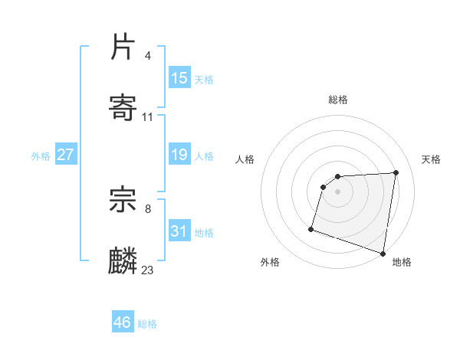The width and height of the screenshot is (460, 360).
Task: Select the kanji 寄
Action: coord(123,107)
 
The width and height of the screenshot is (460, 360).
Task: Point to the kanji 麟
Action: coord(123,260)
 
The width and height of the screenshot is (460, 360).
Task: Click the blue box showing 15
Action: coord(179,78)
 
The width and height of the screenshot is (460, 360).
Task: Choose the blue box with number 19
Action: coord(179,155)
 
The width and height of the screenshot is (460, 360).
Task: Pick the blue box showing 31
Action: coord(179,231)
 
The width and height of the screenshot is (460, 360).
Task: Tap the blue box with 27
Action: coord(66,155)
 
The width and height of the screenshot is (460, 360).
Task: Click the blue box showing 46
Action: coord(123,322)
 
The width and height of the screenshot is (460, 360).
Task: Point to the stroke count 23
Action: coord(148,270)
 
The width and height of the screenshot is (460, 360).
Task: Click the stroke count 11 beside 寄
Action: coord(148,117)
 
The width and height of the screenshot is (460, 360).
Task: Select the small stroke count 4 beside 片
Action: coord(147,56)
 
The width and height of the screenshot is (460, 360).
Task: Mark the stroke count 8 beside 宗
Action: coord(147,208)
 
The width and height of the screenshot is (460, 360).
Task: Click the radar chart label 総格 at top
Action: coord(338,100)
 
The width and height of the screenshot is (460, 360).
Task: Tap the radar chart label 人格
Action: coord(245,159)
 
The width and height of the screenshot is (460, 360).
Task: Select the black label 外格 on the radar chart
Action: coord(270,262)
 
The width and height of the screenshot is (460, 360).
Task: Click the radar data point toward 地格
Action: coord(383,253)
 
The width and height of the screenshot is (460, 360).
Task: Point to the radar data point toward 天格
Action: coord(396,172)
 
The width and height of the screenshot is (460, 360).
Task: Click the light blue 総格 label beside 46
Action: coord(147,324)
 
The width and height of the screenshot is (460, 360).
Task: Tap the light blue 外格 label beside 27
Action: coord(41,156)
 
